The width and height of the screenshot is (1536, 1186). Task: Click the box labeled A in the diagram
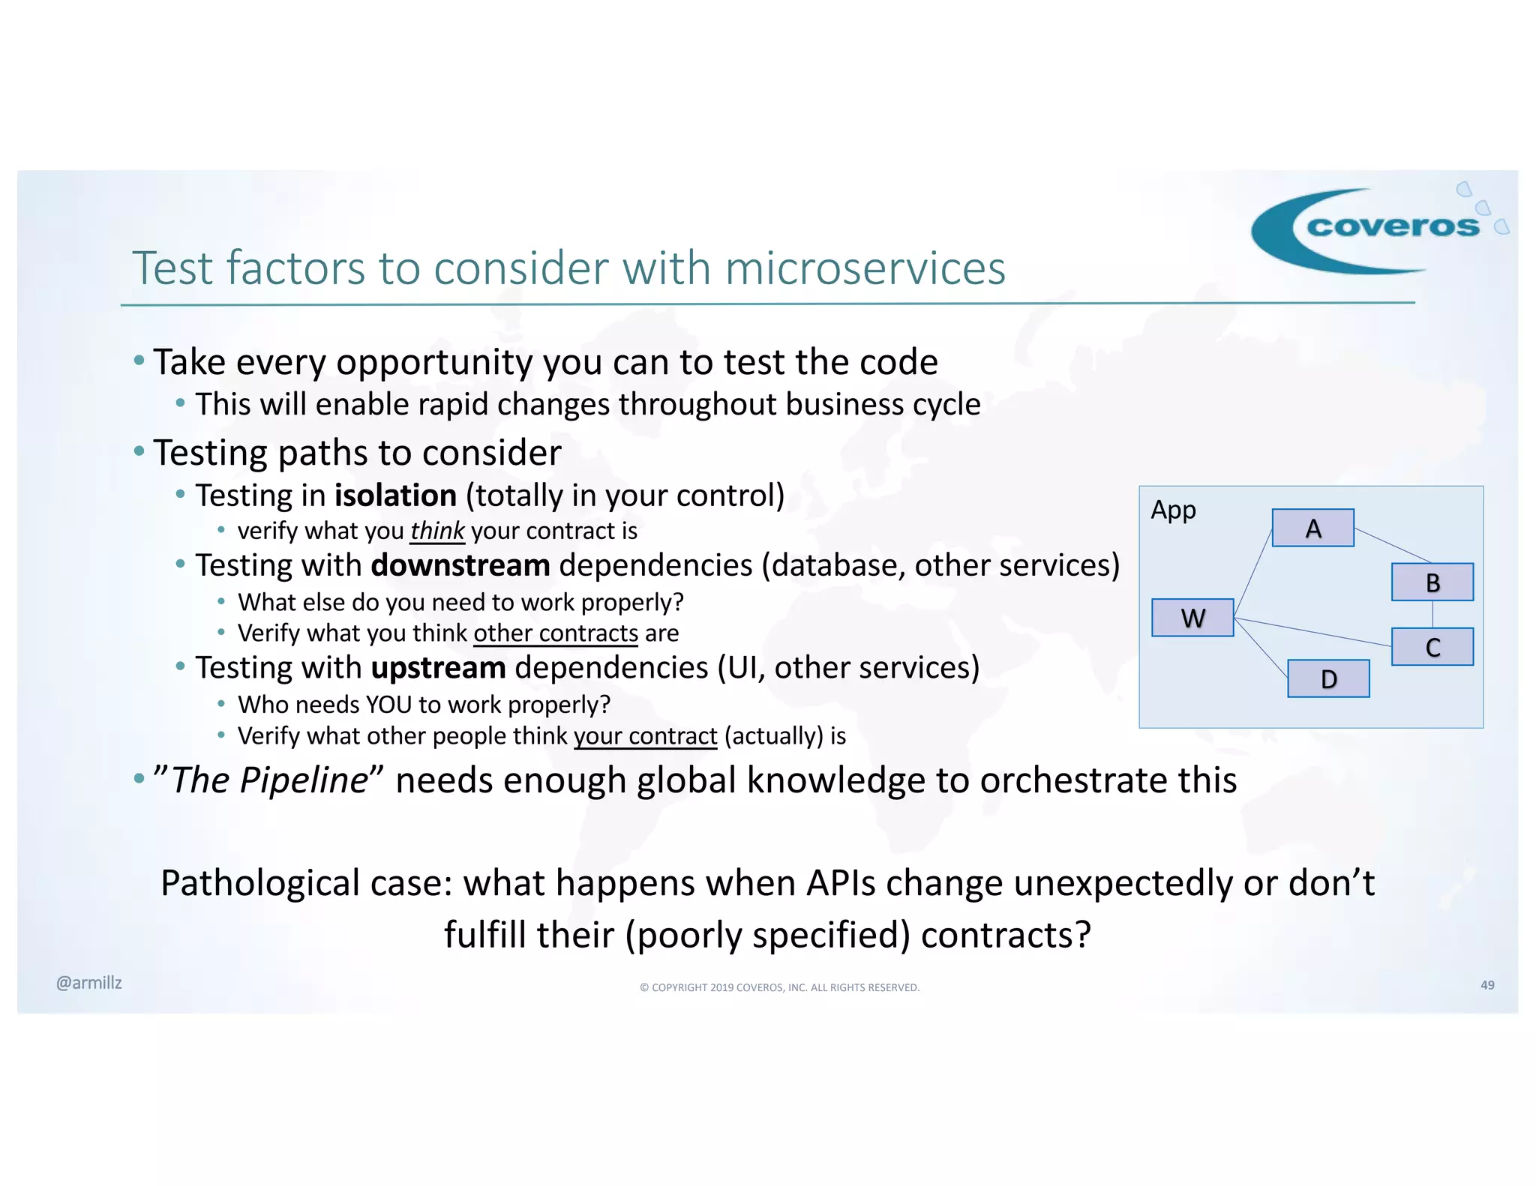tap(1312, 528)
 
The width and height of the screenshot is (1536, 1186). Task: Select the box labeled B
tap(1432, 582)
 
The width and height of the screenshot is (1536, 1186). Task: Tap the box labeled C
tap(1432, 646)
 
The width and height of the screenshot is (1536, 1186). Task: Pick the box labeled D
tap(1328, 678)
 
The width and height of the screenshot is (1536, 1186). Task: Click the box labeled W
tap(1192, 618)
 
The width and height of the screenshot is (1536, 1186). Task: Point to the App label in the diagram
tap(1173, 510)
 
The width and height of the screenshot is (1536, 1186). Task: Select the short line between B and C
tap(1432, 614)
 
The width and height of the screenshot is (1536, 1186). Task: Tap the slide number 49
tap(1487, 985)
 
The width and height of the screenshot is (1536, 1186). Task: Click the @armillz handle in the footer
tap(88, 983)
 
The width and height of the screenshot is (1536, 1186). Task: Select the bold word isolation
tap(395, 496)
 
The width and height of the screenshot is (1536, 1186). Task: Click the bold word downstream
tap(460, 565)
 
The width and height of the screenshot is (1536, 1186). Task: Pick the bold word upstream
tap(438, 667)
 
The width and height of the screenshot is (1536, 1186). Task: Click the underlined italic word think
tap(437, 531)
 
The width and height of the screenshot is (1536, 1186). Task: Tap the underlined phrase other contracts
tap(555, 633)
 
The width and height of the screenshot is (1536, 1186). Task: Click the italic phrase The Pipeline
tap(269, 780)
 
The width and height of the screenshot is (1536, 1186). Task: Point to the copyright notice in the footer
tap(779, 987)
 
